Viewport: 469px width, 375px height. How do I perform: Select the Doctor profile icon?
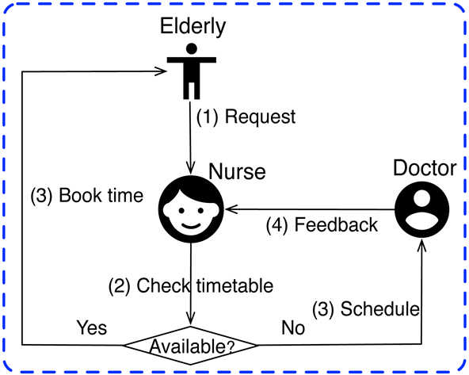[x=421, y=209]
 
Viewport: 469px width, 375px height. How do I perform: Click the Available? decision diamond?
[x=192, y=346]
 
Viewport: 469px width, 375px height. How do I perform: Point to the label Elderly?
[x=193, y=26]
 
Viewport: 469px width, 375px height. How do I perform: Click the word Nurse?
[x=236, y=171]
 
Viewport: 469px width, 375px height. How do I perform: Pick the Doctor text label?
[x=425, y=168]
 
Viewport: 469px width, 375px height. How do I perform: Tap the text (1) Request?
[x=246, y=117]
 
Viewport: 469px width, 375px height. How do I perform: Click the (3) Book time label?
[x=86, y=195]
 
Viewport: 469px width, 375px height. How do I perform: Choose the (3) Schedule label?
[x=365, y=308]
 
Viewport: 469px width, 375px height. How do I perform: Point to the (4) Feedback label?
[x=321, y=225]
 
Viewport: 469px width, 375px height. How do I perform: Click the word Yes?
[x=91, y=327]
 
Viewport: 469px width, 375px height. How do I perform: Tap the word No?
[x=293, y=327]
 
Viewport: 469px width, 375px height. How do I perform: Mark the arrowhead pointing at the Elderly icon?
[x=163, y=71]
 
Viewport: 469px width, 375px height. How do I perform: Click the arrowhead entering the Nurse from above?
[x=191, y=168]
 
